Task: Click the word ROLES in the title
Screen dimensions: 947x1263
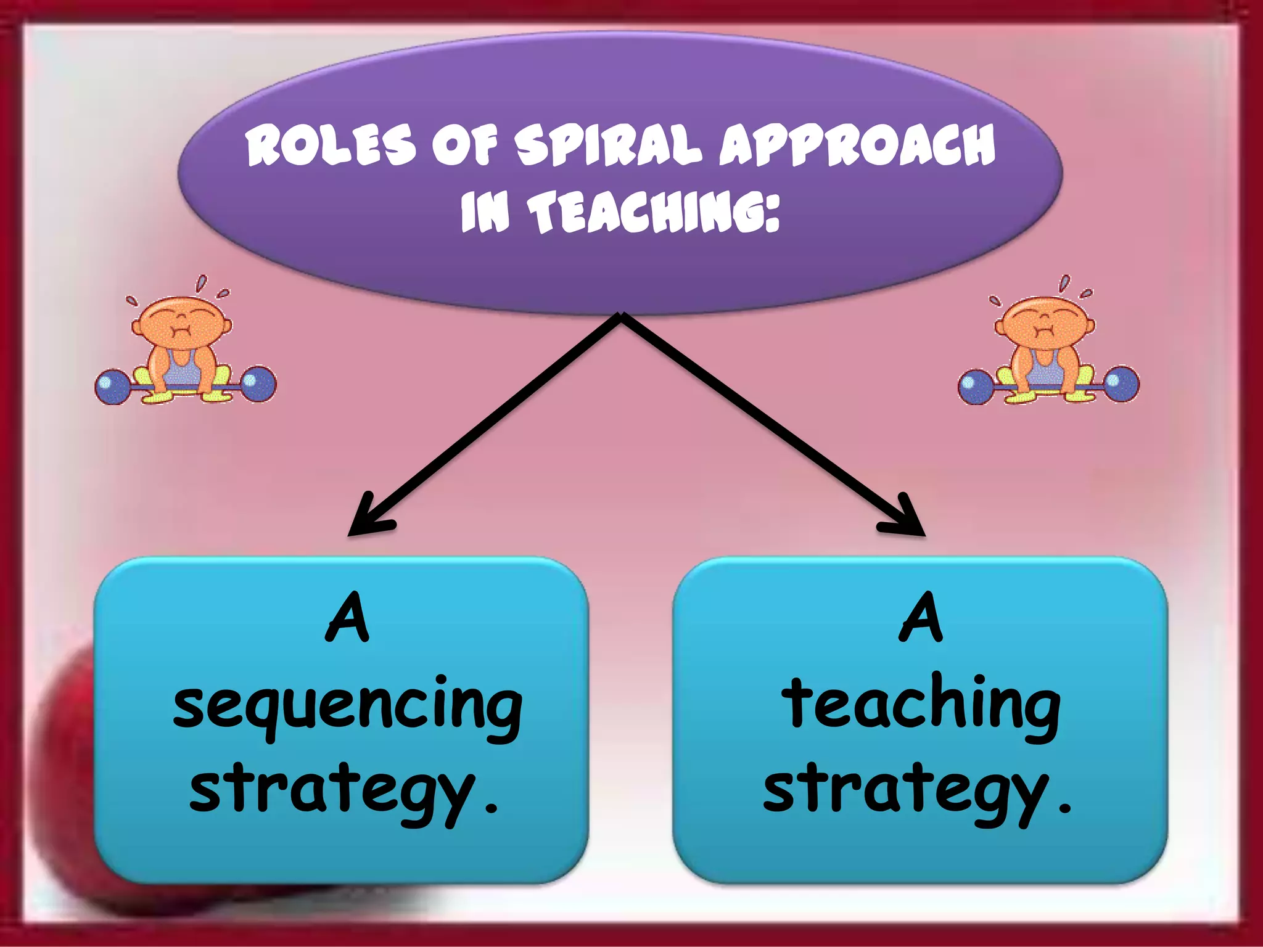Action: coord(331,146)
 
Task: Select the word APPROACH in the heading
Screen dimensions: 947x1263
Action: coord(857,146)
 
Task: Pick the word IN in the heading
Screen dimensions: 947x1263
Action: coord(485,212)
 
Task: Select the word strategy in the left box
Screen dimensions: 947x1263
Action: coord(333,792)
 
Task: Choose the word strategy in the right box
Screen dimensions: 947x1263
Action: coord(907,792)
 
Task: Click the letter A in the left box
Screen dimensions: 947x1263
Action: coord(348,617)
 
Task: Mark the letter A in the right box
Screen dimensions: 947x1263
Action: coord(921,617)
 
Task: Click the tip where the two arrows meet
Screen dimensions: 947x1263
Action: coord(622,316)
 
